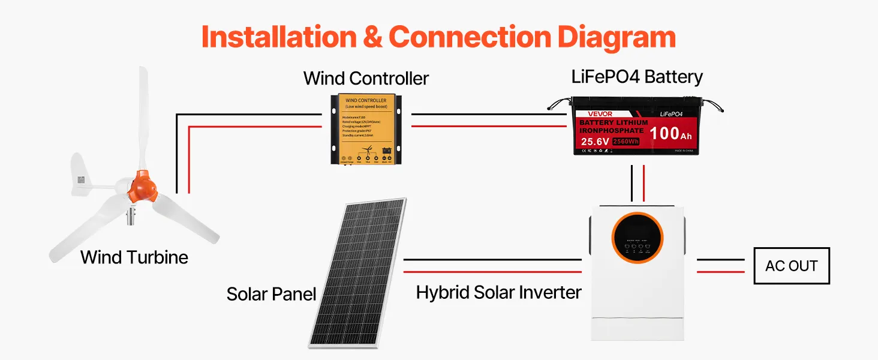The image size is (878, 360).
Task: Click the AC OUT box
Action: [791, 266]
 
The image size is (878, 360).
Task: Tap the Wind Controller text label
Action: [366, 78]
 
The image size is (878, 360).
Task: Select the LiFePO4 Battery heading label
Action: [636, 77]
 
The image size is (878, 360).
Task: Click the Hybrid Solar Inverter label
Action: [498, 293]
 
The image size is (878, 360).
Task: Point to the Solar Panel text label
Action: [271, 294]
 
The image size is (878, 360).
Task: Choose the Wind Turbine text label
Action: [134, 257]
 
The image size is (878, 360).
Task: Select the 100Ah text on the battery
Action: [671, 133]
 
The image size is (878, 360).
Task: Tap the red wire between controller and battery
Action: [489, 126]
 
